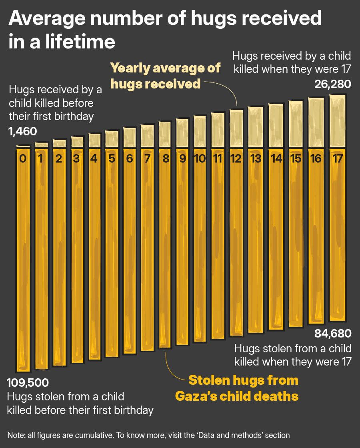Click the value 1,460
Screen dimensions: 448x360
coord(22,131)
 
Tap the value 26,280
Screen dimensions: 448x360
coord(333,84)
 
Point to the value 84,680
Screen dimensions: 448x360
coord(333,333)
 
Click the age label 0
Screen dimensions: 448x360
coord(23,159)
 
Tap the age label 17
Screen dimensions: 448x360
coord(337,159)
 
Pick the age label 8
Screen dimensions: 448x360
coord(165,159)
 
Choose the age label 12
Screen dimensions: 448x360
coord(236,159)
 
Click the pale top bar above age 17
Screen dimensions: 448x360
coord(337,121)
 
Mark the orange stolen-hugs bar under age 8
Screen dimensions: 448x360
coord(165,252)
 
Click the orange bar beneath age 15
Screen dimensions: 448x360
coord(296,240)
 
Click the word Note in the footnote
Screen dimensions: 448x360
coord(15,435)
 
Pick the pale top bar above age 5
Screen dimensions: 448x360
coord(112,138)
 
